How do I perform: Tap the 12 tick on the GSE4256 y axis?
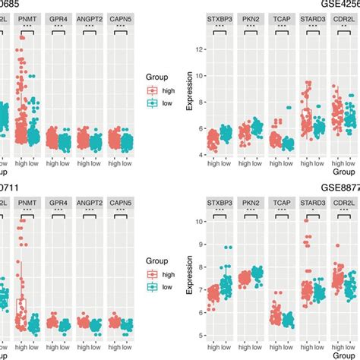(x=200, y=49)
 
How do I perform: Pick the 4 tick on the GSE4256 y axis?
(x=200, y=154)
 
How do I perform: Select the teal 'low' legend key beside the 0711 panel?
(x=152, y=289)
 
